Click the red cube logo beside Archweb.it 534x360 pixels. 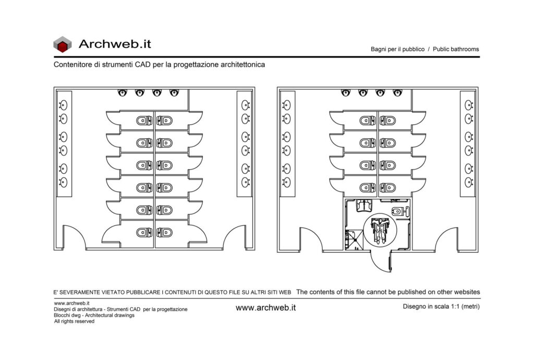point(63,45)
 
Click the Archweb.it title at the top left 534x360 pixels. point(115,44)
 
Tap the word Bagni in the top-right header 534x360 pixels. point(379,49)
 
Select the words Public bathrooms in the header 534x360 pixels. point(456,49)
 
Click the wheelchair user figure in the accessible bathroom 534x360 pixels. point(380,230)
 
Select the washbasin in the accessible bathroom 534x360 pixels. point(363,206)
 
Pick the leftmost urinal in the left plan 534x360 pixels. point(122,93)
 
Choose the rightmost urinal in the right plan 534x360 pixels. point(397,93)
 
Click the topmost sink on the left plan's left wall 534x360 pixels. point(63,105)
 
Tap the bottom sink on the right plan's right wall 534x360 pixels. point(469,182)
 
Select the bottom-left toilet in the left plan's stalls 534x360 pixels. point(144,233)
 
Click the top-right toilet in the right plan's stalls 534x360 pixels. point(388,121)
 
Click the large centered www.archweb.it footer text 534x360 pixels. point(265,307)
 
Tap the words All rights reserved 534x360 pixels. point(74,321)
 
